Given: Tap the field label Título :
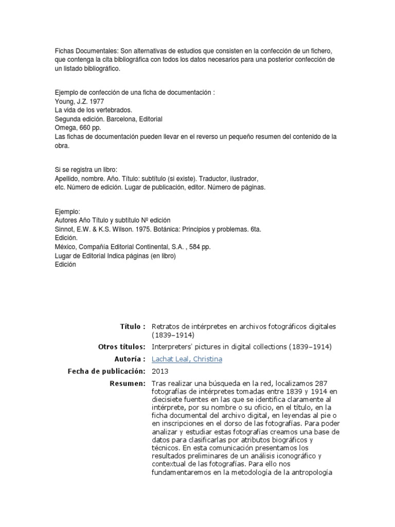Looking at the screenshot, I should pyautogui.click(x=133, y=327).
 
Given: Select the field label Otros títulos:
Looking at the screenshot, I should pyautogui.click(x=121, y=347).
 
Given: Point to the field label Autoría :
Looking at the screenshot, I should pyautogui.click(x=130, y=359).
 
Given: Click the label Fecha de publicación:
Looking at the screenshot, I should pyautogui.click(x=106, y=371).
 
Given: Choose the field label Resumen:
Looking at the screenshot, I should pyautogui.click(x=128, y=383).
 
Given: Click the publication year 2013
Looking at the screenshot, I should pyautogui.click(x=159, y=371).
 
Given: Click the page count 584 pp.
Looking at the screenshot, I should pyautogui.click(x=200, y=247).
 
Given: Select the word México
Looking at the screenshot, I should pyautogui.click(x=66, y=247).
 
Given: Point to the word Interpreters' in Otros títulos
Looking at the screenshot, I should pyautogui.click(x=173, y=347).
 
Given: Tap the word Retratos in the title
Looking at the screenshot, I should pyautogui.click(x=165, y=327).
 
